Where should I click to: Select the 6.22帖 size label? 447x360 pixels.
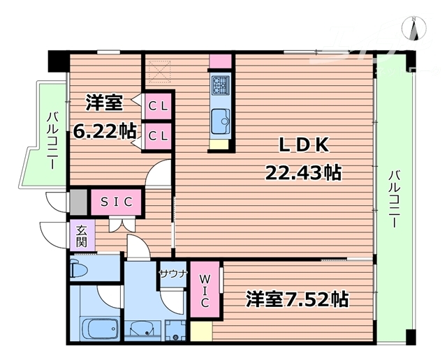coord(105,130)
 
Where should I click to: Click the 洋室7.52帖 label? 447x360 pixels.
coord(296,299)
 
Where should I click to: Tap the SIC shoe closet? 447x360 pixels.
coord(116,202)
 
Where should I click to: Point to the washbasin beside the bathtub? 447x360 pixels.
coord(144,329)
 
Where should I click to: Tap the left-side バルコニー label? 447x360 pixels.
coord(52,137)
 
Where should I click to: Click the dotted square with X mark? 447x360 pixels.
coord(161,71)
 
